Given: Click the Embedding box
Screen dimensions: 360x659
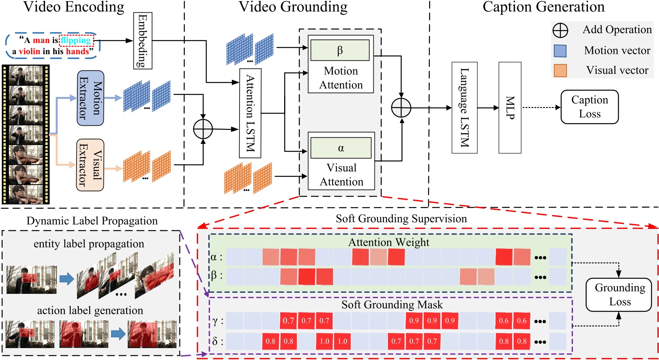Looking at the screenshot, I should pos(143,41).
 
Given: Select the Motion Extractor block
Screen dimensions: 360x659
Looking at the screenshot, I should pos(90,98).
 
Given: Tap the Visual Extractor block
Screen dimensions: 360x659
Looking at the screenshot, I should pos(90,165).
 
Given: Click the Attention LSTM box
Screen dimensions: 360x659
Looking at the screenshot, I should pos(250,113).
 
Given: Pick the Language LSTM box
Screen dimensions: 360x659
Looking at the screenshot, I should pos(464,108).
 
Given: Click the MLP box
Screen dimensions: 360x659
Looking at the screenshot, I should pos(510,108).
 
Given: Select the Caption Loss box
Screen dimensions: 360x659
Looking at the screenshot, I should pos(589,107).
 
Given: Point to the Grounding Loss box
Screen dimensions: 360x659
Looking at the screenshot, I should pos(619,295).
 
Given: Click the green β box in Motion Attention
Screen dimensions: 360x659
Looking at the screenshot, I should pos(340,50).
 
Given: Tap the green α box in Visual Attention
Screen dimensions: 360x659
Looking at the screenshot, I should pos(341,148).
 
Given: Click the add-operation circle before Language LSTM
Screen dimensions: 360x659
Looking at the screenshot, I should pos(401,108).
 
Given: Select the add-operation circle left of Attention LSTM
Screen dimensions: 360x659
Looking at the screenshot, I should pos(203,129).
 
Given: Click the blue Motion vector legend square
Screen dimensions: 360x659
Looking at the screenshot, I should pos(560,51).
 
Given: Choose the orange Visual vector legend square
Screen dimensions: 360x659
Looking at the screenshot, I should pos(560,71).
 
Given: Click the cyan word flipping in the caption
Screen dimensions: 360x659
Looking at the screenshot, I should pos(76,40).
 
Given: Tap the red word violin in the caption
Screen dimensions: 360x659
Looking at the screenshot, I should pos(29,52).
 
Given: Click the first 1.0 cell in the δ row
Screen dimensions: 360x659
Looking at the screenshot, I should pos(325,341).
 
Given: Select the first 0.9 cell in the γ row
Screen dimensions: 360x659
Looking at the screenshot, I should pos(414,321).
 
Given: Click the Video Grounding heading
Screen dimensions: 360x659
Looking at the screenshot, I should pos(293,7).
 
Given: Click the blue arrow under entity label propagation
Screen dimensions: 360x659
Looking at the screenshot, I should pos(67,279).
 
